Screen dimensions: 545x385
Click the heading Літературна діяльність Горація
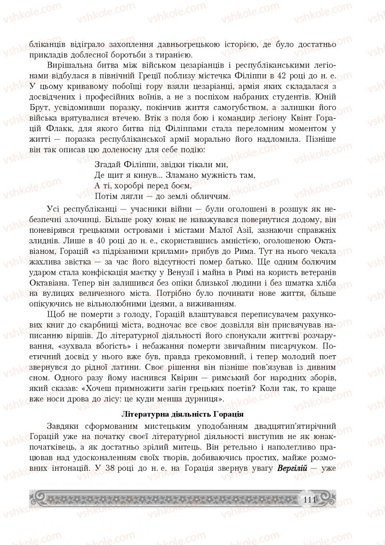183,413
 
